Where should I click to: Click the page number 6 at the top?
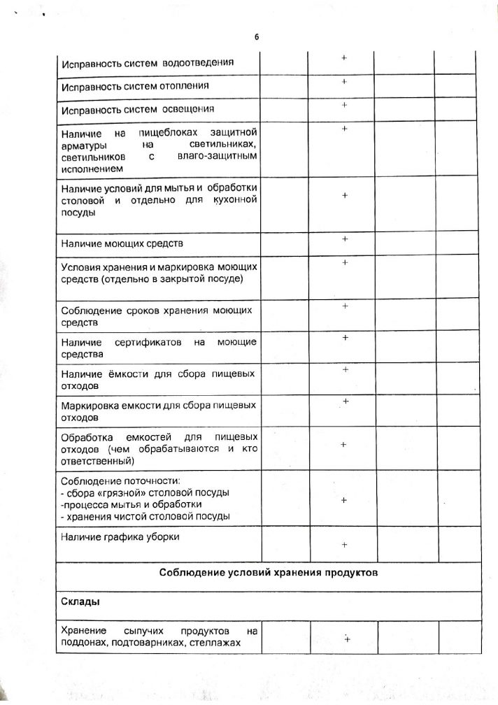coord(256,37)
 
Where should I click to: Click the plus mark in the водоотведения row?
coord(344,57)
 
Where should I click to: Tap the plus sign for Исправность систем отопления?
coord(344,83)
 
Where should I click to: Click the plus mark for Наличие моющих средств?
coord(345,239)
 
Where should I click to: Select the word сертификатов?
coord(148,342)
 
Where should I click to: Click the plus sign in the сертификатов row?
coord(345,339)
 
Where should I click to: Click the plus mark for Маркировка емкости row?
coord(346,401)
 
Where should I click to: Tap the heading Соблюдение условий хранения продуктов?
coord(268,573)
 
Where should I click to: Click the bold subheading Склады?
coord(80,601)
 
